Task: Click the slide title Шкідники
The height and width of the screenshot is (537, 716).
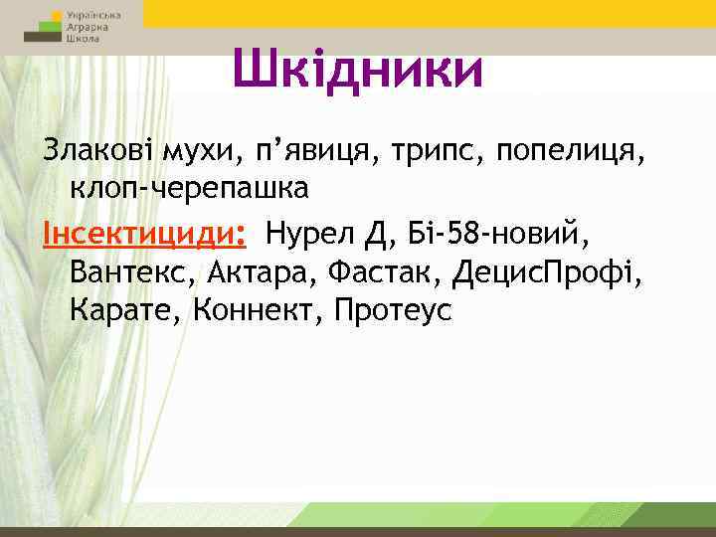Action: click(357, 70)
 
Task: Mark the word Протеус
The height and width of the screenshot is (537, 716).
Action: click(394, 310)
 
